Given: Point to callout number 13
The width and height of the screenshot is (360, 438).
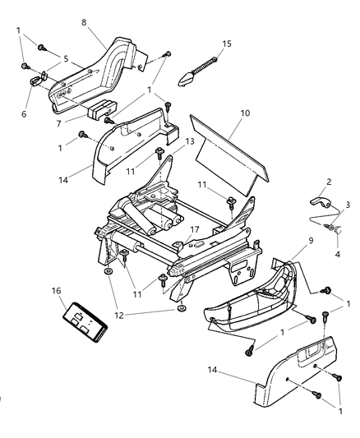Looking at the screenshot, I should [x=190, y=141].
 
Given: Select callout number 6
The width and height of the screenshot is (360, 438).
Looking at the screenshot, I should [x=23, y=113].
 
